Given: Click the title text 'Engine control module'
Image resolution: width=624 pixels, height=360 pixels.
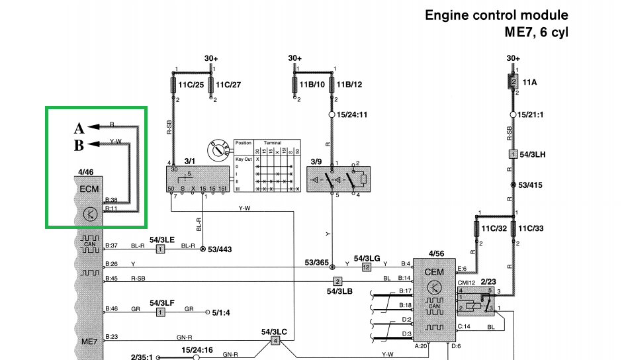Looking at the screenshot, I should tap(496, 15).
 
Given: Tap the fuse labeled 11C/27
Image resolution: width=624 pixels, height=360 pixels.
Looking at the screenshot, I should tap(211, 85).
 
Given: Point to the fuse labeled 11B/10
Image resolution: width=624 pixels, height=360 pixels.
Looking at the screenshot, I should tap(294, 85).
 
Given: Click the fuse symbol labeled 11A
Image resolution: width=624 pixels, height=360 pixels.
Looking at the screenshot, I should tap(512, 82).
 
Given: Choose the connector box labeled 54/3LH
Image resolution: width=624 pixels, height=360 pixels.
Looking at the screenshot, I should tap(512, 154).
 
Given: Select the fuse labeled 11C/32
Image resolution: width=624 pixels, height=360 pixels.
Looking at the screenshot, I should tap(476, 229).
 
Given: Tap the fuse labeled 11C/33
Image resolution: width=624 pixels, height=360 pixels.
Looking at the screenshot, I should tap(512, 229).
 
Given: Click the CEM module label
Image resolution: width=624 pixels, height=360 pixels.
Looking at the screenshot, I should tap(434, 272).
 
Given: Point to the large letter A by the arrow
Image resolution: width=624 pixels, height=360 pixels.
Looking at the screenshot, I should tap(79, 128).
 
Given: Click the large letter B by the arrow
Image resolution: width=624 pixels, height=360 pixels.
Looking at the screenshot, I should tap(79, 144).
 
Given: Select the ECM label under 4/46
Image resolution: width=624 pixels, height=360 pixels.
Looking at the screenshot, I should tap(89, 189).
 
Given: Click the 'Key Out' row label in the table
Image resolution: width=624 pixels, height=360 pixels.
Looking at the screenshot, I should tap(244, 159).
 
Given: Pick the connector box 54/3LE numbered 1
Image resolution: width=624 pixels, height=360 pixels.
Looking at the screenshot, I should tap(160, 249).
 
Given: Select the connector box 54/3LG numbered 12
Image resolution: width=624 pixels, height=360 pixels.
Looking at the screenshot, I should tap(366, 267).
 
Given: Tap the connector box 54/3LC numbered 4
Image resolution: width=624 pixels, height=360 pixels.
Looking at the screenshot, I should tap(275, 340).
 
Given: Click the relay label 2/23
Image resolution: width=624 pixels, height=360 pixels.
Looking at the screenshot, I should tap(488, 281).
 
